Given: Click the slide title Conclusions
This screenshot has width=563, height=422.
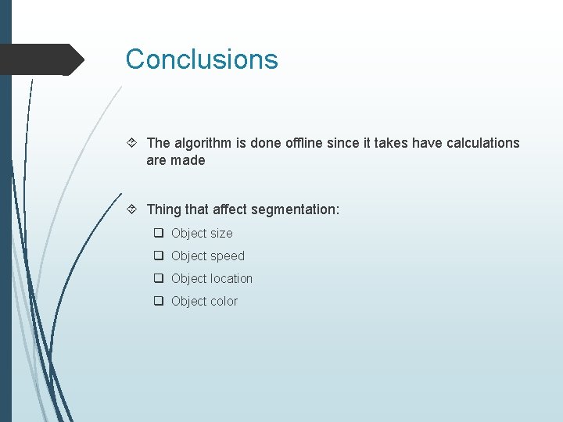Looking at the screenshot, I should (x=202, y=59).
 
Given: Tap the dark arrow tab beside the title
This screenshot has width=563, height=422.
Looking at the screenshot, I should (x=43, y=59).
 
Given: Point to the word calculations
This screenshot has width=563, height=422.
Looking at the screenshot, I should (x=482, y=143).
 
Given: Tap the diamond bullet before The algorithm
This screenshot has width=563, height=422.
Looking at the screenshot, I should (x=133, y=143).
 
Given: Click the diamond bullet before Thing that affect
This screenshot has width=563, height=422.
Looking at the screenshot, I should (x=133, y=209).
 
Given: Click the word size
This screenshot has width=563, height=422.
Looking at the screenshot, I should (x=221, y=233).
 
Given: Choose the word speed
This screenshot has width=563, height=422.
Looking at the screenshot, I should (x=227, y=256).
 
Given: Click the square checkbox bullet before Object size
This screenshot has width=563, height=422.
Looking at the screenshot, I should (x=158, y=233).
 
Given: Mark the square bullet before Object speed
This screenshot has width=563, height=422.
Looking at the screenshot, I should (x=158, y=256).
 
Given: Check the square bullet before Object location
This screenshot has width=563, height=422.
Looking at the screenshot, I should (x=158, y=278).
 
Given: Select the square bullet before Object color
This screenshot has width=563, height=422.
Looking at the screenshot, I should (x=158, y=301).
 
